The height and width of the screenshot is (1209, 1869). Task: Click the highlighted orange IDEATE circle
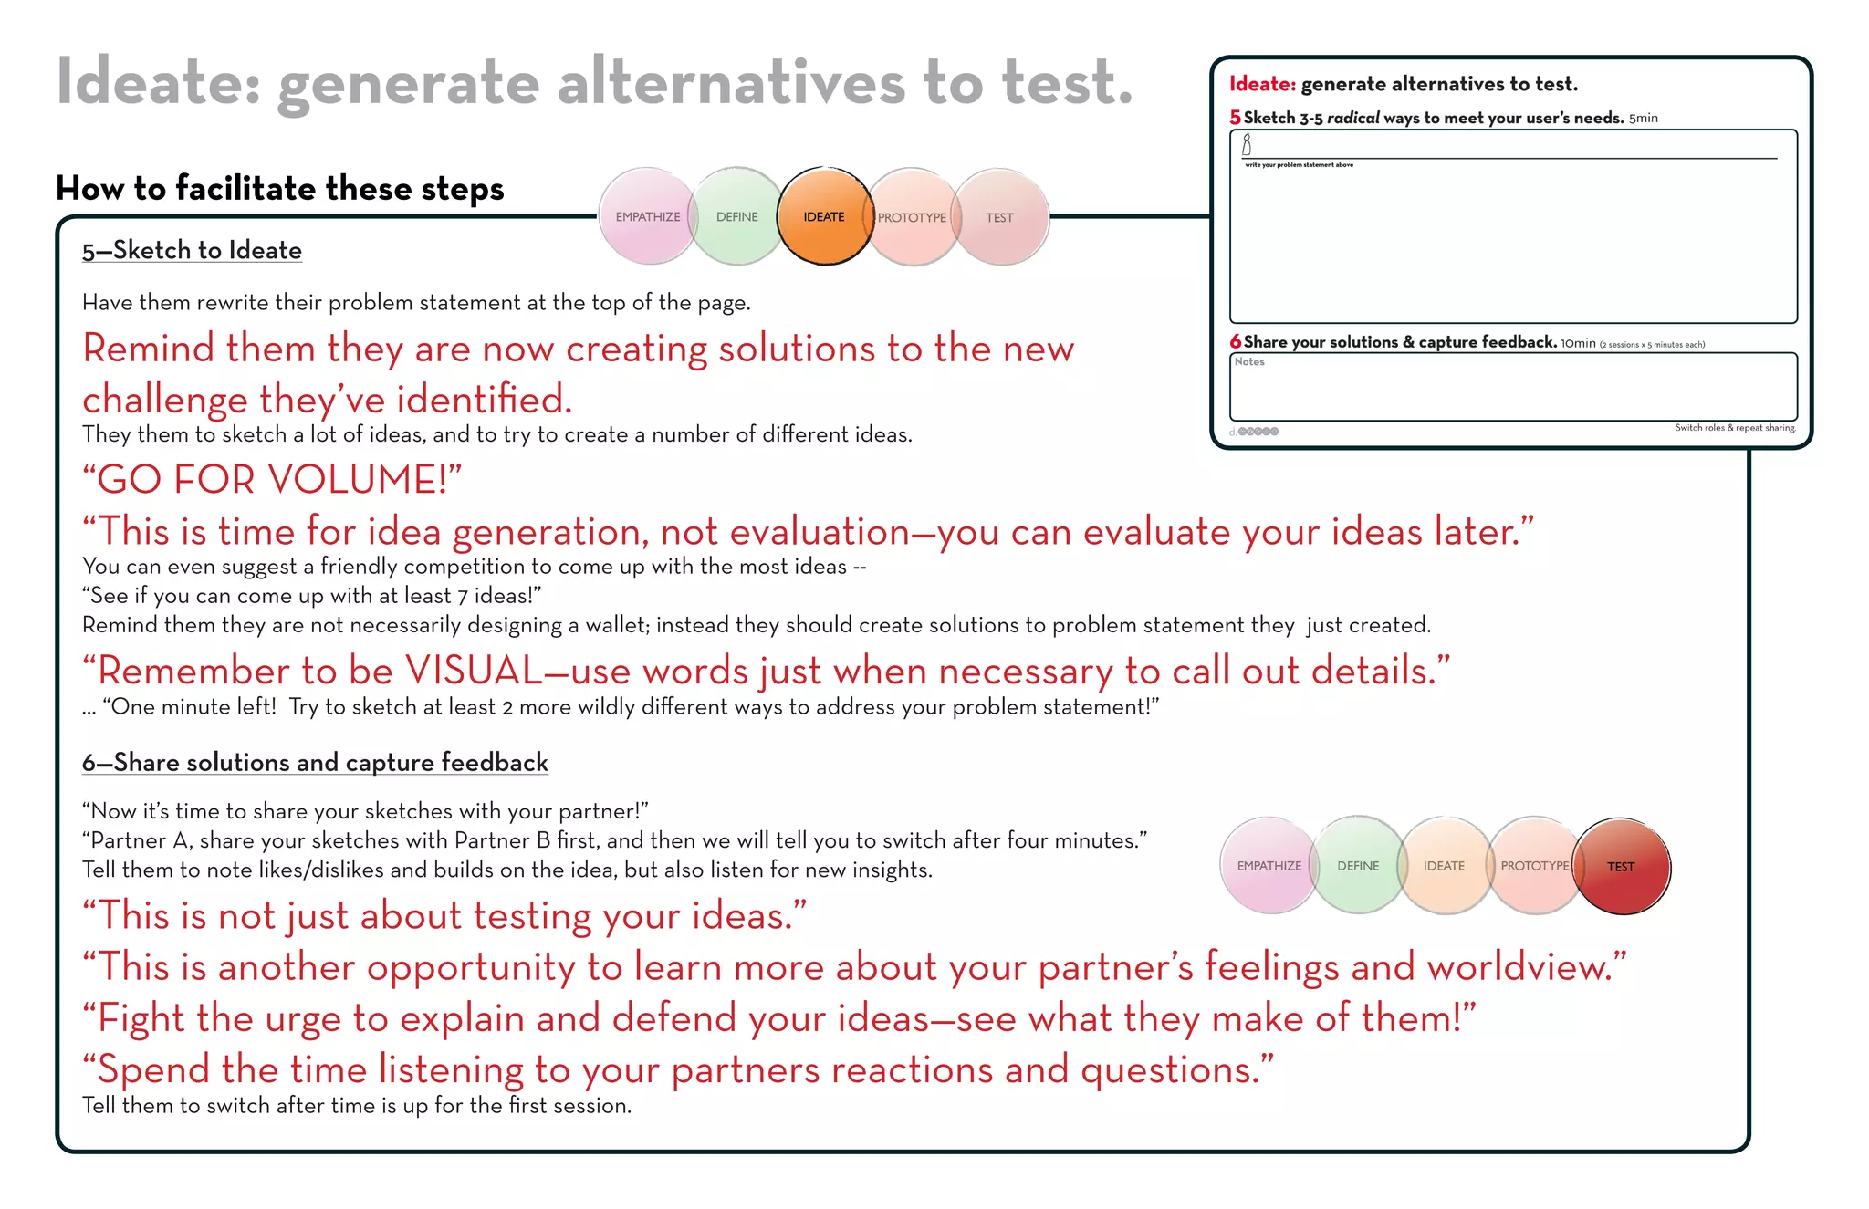[x=824, y=216]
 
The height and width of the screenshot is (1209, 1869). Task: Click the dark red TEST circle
[x=1622, y=866]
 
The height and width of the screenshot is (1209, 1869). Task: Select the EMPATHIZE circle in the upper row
[x=647, y=216]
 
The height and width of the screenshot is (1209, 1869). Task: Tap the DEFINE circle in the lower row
[x=1358, y=866]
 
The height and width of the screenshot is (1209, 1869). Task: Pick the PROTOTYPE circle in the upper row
[x=912, y=217]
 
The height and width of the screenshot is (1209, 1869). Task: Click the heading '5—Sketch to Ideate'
[x=192, y=250]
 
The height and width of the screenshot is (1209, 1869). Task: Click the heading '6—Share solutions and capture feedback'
[x=315, y=762]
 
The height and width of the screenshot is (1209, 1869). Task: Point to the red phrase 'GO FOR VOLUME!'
[x=272, y=479]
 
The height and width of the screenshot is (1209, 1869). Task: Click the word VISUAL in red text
[x=474, y=671]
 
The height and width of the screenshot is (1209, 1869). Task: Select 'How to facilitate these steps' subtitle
[x=279, y=188]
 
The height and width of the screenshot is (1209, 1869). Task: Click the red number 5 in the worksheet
[x=1235, y=117]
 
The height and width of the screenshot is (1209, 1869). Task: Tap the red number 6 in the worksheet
[x=1235, y=341]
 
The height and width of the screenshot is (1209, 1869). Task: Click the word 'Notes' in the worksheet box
[x=1249, y=362]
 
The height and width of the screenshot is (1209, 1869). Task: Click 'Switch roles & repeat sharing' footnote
[x=1735, y=428]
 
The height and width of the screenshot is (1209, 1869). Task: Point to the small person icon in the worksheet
[x=1247, y=145]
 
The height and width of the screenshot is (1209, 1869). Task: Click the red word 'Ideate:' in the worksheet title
[x=1262, y=84]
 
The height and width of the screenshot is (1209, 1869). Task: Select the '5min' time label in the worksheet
[x=1644, y=119]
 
